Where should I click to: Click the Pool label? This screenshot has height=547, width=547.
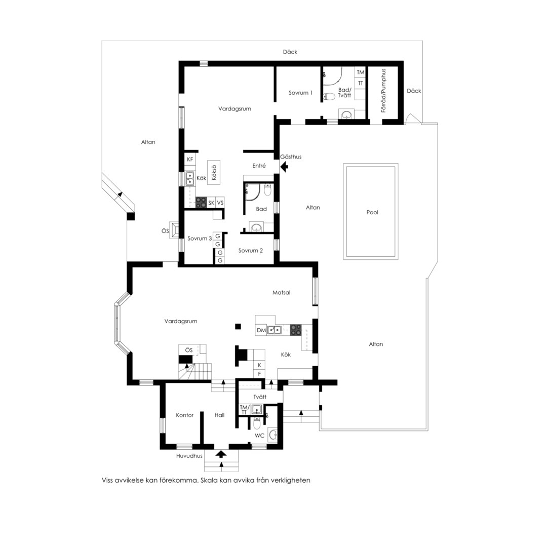pyautogui.click(x=372, y=212)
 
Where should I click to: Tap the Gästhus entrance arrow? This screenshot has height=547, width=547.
pyautogui.click(x=284, y=167)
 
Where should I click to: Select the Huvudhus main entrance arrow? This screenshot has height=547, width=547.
pyautogui.click(x=221, y=453)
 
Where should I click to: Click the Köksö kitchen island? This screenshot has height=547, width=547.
pyautogui.click(x=214, y=172)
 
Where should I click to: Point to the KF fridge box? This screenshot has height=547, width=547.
pyautogui.click(x=190, y=160)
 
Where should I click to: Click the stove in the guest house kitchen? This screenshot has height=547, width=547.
pyautogui.click(x=201, y=202)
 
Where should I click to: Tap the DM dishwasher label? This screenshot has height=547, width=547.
pyautogui.click(x=261, y=330)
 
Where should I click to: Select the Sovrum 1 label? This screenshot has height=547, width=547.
pyautogui.click(x=300, y=93)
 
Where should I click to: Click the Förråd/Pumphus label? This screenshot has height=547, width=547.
pyautogui.click(x=384, y=90)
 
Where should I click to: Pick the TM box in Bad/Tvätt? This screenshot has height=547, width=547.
pyautogui.click(x=361, y=72)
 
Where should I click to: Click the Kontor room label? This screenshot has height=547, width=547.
pyautogui.click(x=184, y=415)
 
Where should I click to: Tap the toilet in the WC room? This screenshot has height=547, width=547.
pyautogui.click(x=257, y=423)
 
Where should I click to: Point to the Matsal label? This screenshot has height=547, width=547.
pyautogui.click(x=281, y=293)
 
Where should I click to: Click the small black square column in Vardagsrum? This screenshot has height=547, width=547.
pyautogui.click(x=238, y=327)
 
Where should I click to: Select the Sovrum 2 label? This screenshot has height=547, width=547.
pyautogui.click(x=251, y=251)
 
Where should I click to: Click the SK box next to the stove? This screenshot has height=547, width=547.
pyautogui.click(x=211, y=203)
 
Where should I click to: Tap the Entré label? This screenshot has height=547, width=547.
pyautogui.click(x=259, y=166)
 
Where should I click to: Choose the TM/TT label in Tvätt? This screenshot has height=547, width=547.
pyautogui.click(x=244, y=410)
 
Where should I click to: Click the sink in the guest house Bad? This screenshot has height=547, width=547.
pyautogui.click(x=257, y=228)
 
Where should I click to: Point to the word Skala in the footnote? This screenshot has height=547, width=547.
pyautogui.click(x=209, y=480)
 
